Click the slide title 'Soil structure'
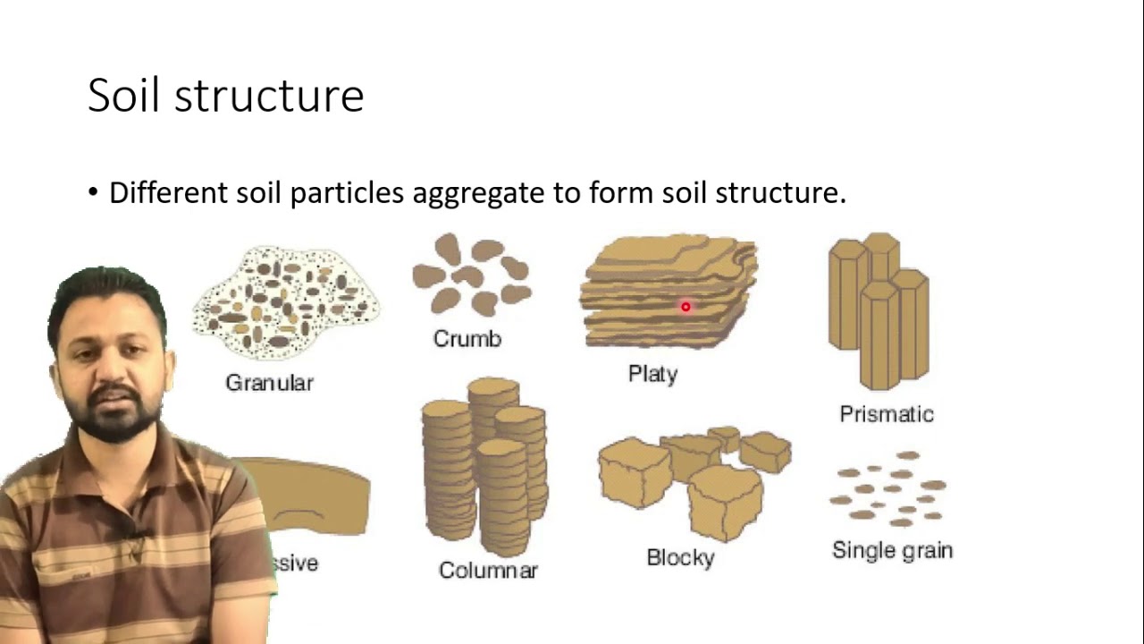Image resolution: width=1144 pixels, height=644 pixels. point(225,96)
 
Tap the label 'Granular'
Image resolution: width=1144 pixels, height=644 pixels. point(269,383)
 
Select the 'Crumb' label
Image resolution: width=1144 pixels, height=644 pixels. point(467,339)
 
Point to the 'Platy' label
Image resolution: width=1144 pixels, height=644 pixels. point(652,374)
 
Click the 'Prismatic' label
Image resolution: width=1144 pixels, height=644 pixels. point(886,414)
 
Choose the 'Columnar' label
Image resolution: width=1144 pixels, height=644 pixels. point(488,570)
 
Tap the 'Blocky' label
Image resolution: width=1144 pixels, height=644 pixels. point(680,558)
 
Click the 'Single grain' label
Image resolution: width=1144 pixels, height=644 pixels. point(892,550)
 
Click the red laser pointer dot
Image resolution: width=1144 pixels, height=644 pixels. point(686,308)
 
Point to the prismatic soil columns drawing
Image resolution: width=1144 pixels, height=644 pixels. point(879,309)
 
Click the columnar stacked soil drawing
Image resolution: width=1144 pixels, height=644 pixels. point(484,465)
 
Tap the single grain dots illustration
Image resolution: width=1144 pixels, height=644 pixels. point(888,489)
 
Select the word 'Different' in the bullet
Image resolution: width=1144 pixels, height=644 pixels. point(167,192)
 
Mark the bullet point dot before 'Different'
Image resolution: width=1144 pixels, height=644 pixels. point(94,193)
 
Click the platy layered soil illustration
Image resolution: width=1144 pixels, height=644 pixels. point(670,291)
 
